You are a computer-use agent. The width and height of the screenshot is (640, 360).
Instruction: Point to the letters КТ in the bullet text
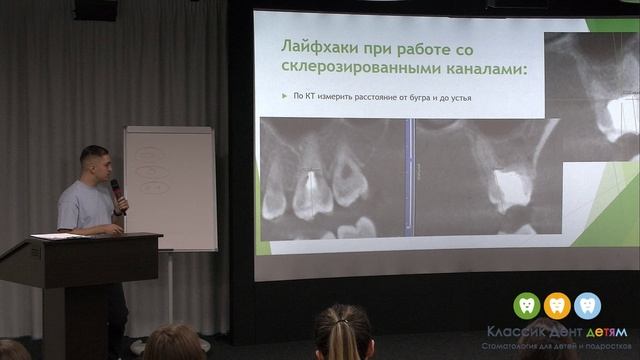click(x=311, y=97)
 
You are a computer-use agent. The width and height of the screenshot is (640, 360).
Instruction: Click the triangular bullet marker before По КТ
click(x=283, y=97)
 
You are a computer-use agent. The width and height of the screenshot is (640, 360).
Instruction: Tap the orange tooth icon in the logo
click(x=557, y=304)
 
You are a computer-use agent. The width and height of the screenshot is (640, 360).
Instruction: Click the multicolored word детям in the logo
click(x=604, y=331)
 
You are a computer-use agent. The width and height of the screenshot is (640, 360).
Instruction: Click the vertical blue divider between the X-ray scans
click(x=408, y=177)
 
